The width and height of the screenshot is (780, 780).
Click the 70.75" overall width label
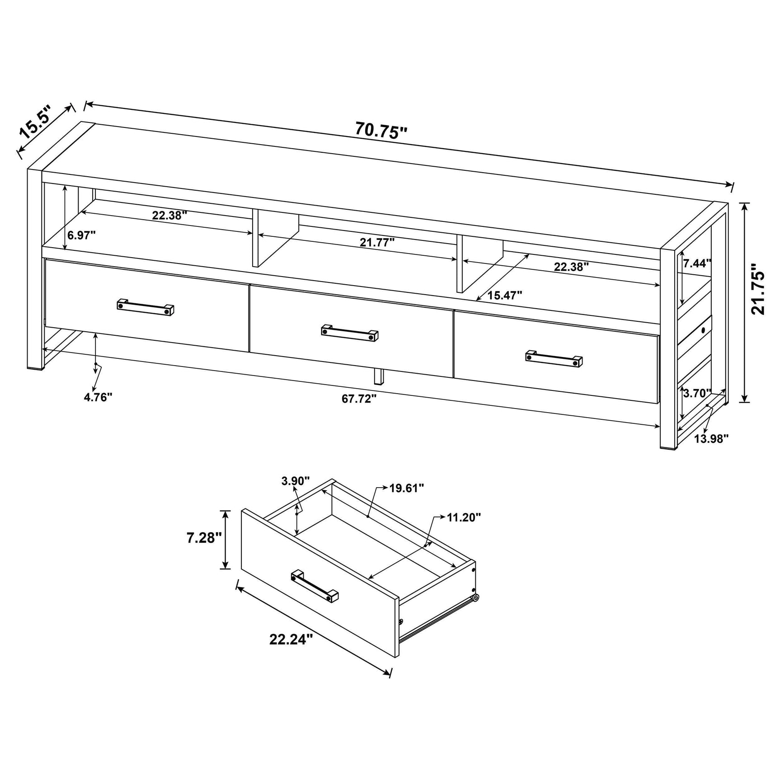(381, 131)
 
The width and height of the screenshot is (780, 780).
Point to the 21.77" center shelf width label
(377, 242)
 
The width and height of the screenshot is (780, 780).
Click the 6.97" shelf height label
(81, 235)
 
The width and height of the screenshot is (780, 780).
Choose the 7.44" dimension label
(697, 263)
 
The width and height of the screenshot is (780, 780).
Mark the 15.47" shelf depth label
(505, 295)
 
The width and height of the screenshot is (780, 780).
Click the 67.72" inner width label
(359, 399)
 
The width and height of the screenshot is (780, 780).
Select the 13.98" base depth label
(711, 438)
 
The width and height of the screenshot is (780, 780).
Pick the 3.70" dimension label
(697, 393)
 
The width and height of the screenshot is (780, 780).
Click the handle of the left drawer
(146, 307)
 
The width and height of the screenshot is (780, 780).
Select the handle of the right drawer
(554, 358)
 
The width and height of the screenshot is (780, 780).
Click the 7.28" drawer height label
(204, 538)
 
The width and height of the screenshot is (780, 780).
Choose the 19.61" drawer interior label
(407, 488)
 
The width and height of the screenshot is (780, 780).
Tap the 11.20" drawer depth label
(464, 517)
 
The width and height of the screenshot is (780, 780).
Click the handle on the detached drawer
(315, 585)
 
